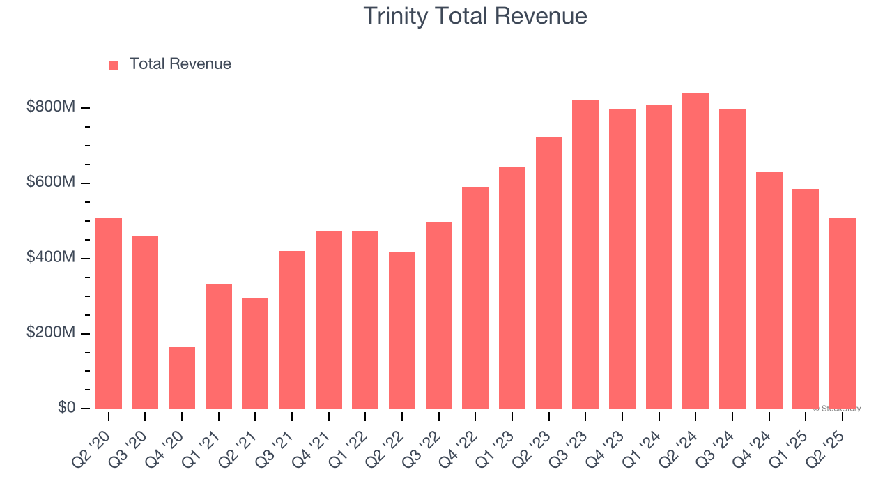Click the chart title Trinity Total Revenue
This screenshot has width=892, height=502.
[475, 16]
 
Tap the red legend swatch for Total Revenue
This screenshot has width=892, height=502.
[114, 65]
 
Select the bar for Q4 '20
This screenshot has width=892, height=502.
[182, 377]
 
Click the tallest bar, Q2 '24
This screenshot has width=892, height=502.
[695, 251]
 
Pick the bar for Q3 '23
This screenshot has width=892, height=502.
[585, 254]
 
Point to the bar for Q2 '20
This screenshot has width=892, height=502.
[109, 313]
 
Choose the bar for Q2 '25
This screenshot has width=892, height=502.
[842, 313]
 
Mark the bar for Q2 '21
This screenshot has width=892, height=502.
[255, 353]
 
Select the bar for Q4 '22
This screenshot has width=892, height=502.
[475, 298]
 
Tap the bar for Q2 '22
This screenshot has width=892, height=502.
[402, 330]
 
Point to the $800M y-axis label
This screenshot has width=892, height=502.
[51, 107]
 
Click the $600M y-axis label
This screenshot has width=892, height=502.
[51, 183]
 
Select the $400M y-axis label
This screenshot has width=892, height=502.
[51, 258]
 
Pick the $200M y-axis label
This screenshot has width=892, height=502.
[51, 333]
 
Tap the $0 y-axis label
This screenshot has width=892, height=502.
[66, 408]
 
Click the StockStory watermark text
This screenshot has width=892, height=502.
[837, 409]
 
